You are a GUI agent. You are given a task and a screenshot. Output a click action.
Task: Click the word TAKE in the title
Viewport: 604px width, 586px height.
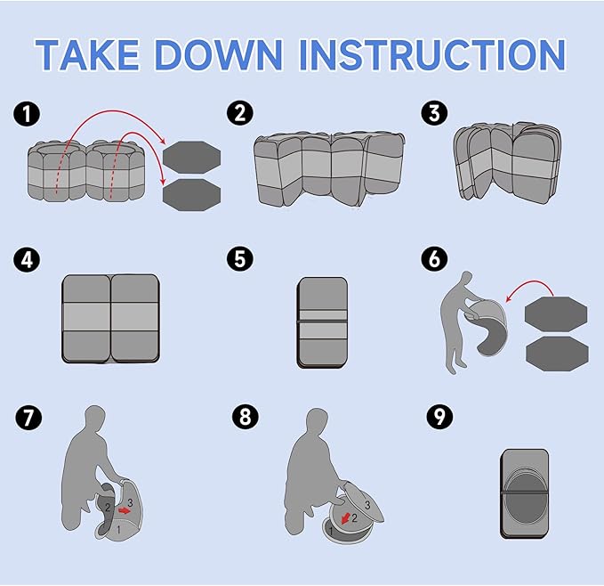(87, 54)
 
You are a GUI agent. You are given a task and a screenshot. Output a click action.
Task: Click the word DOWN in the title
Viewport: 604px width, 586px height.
(219, 54)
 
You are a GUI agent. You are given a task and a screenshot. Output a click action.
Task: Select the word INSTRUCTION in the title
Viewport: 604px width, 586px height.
(432, 54)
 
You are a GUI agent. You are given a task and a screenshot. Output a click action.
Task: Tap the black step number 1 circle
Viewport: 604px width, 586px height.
(27, 114)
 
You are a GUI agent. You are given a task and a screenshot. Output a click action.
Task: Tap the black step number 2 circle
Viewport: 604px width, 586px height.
(240, 113)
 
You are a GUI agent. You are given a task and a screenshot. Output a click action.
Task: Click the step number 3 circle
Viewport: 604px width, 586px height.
(434, 113)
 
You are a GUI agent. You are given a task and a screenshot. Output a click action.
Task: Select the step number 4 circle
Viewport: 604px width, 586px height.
(27, 259)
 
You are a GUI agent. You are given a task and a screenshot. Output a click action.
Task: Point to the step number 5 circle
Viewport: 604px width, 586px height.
(240, 258)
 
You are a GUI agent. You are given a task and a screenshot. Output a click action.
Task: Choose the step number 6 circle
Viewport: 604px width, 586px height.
(434, 258)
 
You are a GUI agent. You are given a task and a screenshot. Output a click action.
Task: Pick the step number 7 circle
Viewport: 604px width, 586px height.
(28, 417)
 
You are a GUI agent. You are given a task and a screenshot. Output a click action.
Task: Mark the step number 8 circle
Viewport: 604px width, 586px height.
(245, 417)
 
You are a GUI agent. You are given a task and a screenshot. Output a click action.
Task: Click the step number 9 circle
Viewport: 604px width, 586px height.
(439, 416)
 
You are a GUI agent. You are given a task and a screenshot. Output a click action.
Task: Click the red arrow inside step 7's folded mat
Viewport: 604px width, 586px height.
(125, 510)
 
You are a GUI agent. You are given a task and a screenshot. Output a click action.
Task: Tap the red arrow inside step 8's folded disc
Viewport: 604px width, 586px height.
(346, 518)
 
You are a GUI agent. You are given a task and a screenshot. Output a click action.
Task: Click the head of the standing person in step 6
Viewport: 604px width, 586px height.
(466, 278)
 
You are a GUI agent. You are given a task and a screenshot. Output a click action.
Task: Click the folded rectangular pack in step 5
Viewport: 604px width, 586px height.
(322, 322)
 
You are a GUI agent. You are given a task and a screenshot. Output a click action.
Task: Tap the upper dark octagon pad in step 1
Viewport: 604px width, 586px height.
(191, 158)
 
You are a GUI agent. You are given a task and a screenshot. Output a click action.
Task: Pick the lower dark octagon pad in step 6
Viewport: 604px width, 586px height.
(557, 354)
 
